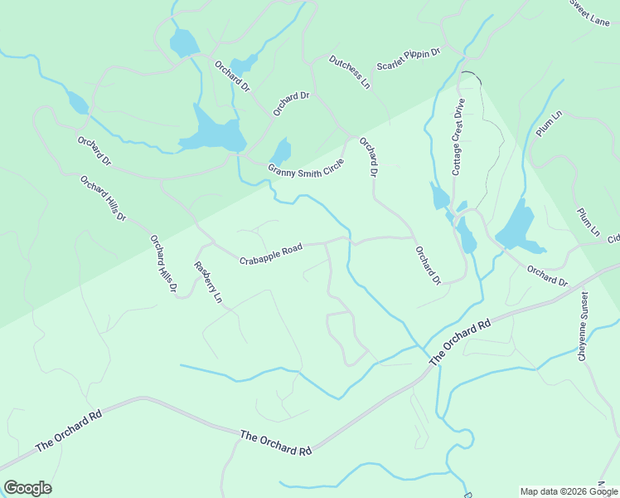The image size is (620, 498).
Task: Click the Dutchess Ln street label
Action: click(349, 73)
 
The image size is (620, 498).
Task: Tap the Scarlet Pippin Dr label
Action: click(408, 59)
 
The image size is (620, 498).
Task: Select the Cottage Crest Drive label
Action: click(458, 136)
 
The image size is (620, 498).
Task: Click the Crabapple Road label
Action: click(270, 254)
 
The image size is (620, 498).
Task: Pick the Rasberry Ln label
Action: click(208, 282)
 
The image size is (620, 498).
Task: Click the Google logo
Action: click(27, 488)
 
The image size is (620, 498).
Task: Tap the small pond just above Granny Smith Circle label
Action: click(281, 152)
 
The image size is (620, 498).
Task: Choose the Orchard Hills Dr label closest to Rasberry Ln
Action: click(163, 265)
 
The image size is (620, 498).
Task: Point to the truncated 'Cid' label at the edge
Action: click(613, 239)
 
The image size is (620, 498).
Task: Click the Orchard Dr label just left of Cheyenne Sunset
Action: click(547, 276)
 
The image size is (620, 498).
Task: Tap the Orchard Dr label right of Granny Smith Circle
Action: click(369, 156)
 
